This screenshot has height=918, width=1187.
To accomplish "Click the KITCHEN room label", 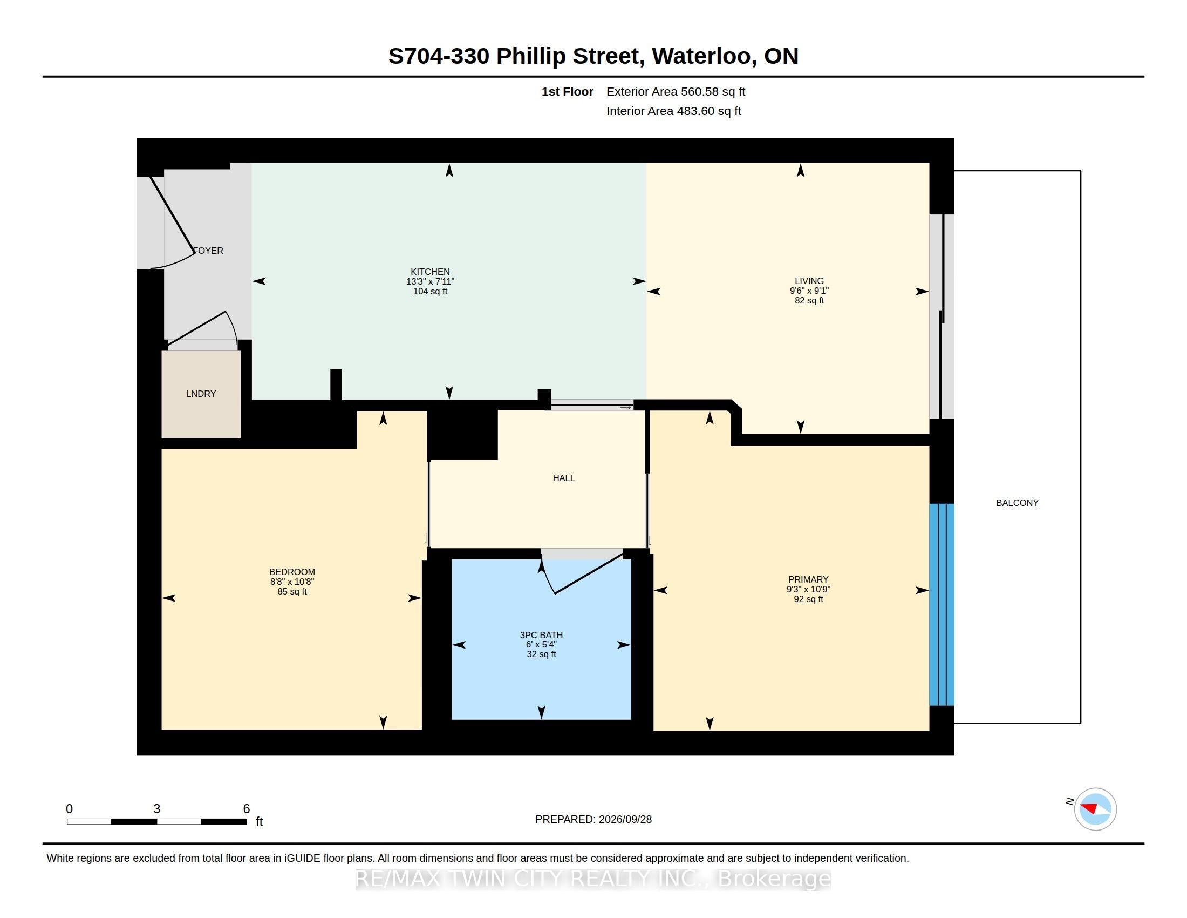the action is point(430,272).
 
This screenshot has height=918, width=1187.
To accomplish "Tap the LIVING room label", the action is point(809,281).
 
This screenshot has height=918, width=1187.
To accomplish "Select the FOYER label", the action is point(209,251).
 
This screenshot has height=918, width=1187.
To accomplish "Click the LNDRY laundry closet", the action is point(201,394).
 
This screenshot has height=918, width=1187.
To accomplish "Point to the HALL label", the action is point(564,478).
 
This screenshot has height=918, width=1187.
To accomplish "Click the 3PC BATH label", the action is point(541,634).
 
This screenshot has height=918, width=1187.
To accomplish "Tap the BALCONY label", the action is point(1017,503).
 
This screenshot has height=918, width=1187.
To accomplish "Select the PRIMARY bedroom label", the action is point(808,579).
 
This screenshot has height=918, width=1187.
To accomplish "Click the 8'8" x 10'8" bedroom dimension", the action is point(292,582).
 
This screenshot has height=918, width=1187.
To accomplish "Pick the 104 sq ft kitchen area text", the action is point(430,291).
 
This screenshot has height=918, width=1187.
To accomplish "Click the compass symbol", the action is point(1095,809).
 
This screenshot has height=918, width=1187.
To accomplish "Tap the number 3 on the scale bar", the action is point(156,809).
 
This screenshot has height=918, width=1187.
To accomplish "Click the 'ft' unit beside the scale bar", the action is point(259,821).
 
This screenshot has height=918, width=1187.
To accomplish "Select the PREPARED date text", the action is point(593,819).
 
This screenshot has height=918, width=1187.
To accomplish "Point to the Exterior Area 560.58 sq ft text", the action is point(676,91).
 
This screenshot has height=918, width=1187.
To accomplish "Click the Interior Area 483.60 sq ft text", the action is point(673,111).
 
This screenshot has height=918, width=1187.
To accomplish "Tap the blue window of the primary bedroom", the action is point(942,605).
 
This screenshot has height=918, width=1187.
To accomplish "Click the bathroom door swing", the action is point(582,573).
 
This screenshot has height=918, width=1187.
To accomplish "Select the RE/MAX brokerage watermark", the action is point(593,879).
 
